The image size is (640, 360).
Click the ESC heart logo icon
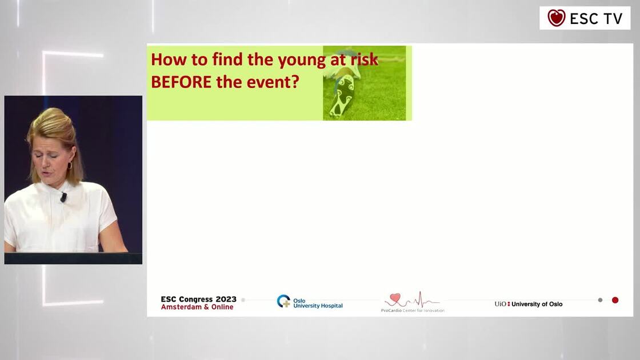[556, 18]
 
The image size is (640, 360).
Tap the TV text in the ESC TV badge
[612, 18]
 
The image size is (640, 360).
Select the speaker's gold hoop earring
[70, 166]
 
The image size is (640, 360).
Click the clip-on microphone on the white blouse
[63, 197]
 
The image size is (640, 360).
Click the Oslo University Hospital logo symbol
[283, 301]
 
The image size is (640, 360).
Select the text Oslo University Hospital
[318, 303]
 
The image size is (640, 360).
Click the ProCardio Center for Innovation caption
[413, 310]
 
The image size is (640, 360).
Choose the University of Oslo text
[537, 304]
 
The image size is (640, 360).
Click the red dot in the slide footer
[615, 300]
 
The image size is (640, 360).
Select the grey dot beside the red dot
[600, 300]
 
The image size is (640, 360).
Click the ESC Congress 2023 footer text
[198, 299]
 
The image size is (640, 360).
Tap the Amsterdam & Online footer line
[197, 307]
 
